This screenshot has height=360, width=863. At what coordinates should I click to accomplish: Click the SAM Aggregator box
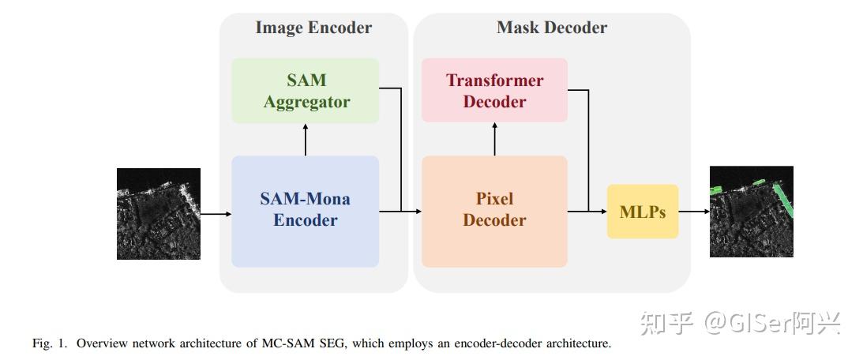tap(305, 91)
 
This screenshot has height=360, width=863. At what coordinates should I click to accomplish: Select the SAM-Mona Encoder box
tap(305, 210)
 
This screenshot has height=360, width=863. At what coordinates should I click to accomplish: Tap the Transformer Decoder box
tap(494, 91)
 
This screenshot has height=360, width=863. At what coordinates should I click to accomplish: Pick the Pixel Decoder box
tap(494, 210)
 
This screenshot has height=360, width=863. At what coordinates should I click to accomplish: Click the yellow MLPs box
tap(642, 212)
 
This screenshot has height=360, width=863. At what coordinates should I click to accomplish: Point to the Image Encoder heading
tap(313, 28)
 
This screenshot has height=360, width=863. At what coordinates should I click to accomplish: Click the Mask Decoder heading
tap(551, 28)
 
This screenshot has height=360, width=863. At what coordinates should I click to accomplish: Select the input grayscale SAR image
tap(159, 213)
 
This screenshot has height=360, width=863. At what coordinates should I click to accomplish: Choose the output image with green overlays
tap(751, 212)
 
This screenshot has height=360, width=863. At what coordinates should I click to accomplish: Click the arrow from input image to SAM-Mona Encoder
tap(215, 213)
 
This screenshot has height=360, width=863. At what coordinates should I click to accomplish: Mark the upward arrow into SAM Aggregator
tap(305, 139)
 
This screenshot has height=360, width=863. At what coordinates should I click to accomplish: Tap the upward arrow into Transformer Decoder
tap(494, 139)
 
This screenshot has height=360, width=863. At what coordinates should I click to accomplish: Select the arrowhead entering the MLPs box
tap(602, 212)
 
